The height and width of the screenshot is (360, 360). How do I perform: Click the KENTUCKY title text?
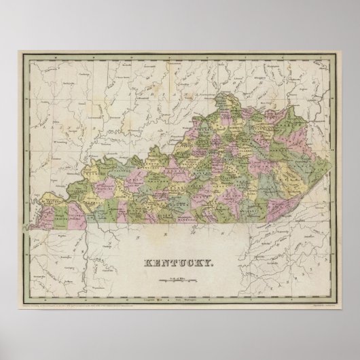(x=180, y=261)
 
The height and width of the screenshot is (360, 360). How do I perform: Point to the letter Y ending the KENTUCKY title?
(x=212, y=261)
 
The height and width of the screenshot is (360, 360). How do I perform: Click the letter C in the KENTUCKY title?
(x=190, y=261)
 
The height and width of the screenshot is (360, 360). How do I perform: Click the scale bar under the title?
(x=180, y=277)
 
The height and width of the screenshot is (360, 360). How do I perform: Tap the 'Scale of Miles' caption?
(x=180, y=273)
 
